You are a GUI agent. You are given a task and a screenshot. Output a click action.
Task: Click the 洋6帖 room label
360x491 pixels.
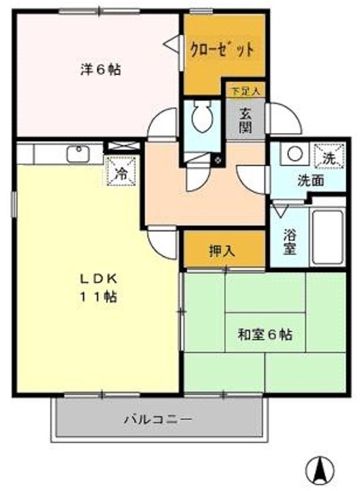tap(101, 70)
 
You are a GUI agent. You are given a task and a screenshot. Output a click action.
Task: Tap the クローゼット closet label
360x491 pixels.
tap(222, 50)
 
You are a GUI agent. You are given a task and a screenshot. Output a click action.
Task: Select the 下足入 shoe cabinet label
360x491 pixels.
tap(245, 91)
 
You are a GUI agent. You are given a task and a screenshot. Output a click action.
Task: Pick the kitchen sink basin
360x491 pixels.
tap(78, 153)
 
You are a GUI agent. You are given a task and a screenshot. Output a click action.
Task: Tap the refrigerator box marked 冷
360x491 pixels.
tap(121, 172)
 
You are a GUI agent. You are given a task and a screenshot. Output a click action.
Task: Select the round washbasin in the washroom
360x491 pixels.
tap(295, 154)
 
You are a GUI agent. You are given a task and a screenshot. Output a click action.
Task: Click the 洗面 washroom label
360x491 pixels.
tap(310, 181)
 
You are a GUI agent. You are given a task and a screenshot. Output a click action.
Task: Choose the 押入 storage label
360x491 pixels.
tap(222, 251)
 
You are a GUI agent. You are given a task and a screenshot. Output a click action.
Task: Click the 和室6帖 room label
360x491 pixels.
tap(265, 335)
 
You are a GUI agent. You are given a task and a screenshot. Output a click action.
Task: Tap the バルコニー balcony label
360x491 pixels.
tap(157, 419)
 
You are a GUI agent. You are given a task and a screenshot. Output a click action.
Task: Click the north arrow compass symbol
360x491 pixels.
tap(320, 470)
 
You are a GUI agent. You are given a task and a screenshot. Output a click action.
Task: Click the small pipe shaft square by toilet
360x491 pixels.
tap(217, 161)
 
